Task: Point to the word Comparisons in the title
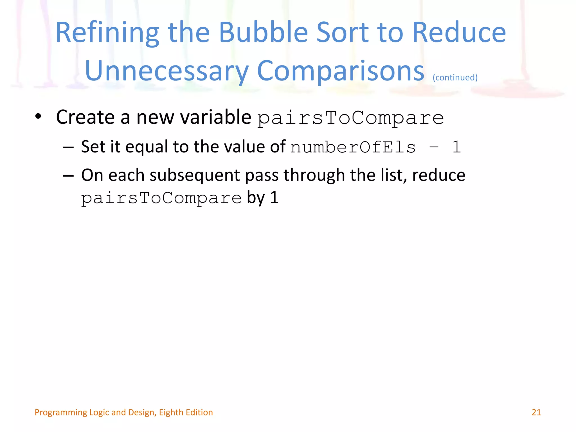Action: point(340,71)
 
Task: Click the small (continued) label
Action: point(455,77)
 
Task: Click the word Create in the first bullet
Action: point(85,117)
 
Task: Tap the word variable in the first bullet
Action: point(215,117)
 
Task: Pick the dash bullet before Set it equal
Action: point(68,147)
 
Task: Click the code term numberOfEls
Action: point(353,147)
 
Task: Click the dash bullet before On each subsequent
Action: point(68,176)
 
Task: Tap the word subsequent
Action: point(194,176)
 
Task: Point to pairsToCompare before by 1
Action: point(161,198)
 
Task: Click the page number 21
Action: point(536,412)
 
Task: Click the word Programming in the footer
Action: point(61,412)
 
